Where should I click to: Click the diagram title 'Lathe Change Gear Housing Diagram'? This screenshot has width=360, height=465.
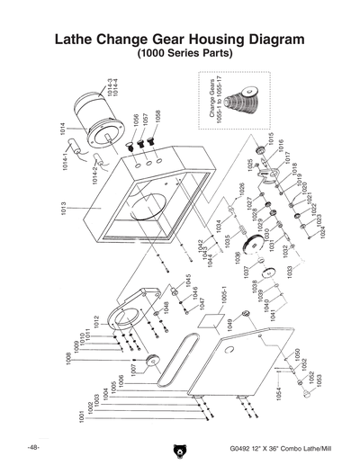179,40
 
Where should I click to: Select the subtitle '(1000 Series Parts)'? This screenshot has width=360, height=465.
179,55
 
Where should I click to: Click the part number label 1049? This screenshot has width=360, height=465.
230,324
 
